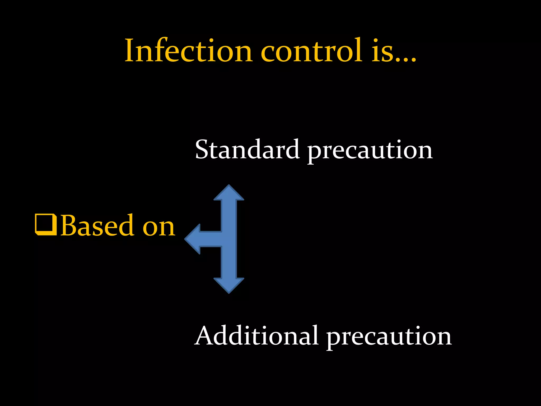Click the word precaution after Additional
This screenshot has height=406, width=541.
(389, 337)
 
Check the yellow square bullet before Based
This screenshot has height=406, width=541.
(46, 225)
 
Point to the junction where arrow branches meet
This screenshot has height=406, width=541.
(229, 239)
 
